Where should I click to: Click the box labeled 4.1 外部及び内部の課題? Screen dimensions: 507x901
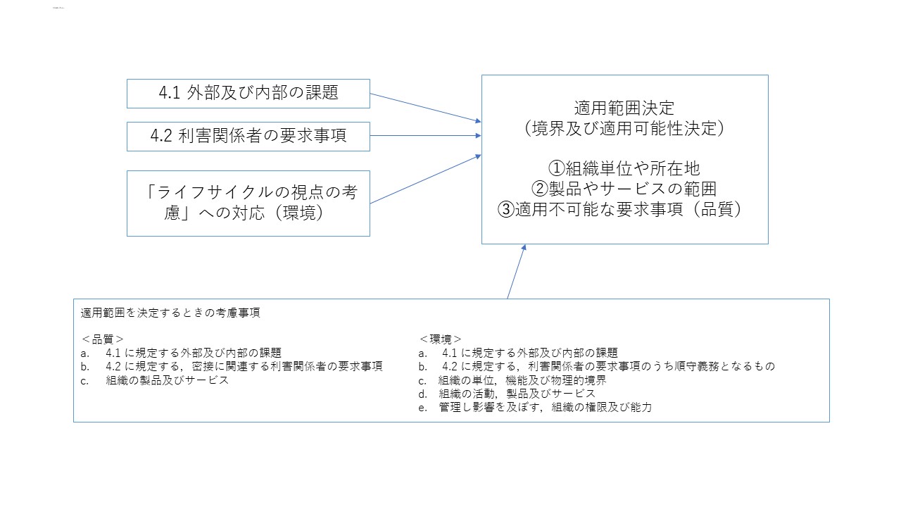point(248,94)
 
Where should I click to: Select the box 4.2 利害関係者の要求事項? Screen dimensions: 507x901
point(248,136)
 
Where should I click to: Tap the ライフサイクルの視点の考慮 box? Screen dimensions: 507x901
point(248,203)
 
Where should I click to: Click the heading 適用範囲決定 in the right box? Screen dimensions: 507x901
point(624,108)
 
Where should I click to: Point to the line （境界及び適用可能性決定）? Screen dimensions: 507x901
point(624,129)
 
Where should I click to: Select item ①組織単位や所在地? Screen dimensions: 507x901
point(624,169)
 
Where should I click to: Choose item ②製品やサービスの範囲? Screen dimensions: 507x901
point(624,189)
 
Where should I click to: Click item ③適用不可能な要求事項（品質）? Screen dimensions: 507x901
point(624,210)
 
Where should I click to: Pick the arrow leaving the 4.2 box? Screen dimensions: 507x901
point(425,136)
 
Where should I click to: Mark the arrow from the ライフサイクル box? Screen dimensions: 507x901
point(425,180)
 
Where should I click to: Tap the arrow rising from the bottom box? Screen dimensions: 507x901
point(516,272)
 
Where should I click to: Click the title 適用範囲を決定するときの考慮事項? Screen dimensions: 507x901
point(170,313)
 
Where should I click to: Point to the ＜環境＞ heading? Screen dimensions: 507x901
point(441,339)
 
